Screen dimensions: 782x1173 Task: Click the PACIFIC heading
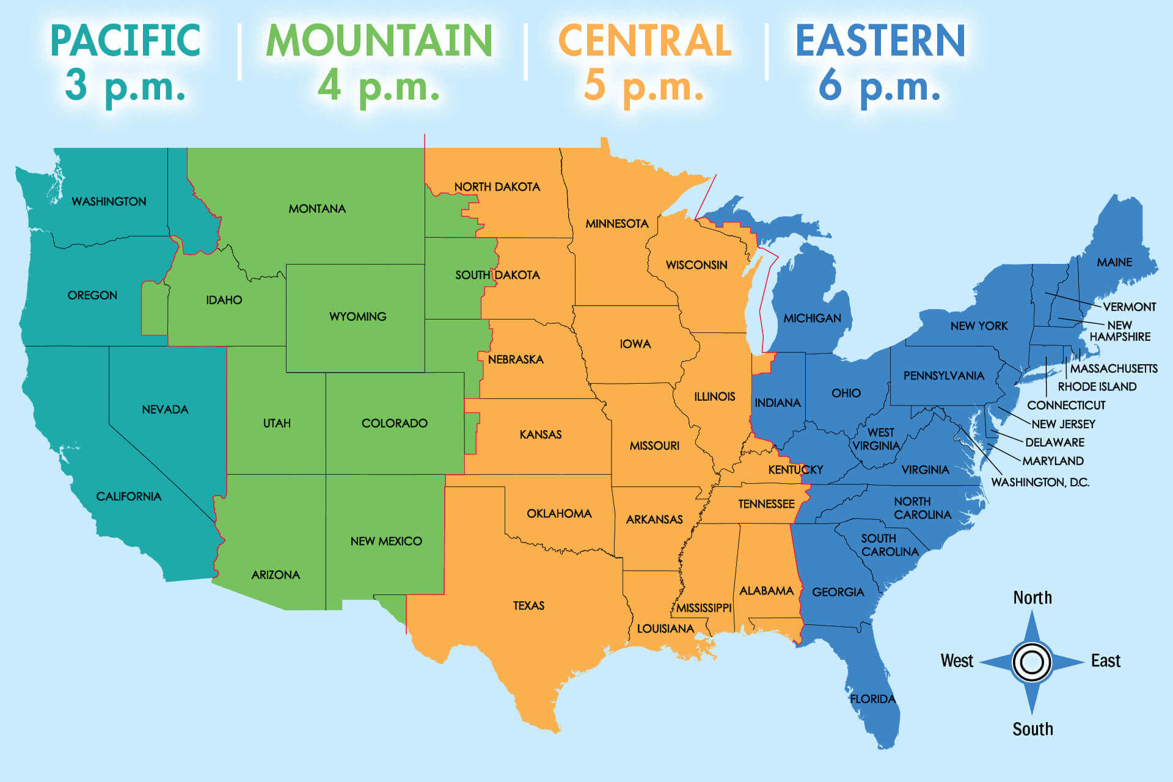point(125,40)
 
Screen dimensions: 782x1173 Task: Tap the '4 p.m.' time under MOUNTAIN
point(378,86)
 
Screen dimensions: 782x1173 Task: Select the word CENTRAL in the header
point(645,40)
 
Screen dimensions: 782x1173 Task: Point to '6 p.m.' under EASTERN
point(879,86)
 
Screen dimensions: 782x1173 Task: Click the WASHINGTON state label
point(109,202)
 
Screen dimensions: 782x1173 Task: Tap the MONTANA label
point(317,209)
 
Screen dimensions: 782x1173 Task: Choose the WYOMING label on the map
point(357,316)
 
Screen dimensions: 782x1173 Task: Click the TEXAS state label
point(528,605)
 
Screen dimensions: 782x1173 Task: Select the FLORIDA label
point(872,699)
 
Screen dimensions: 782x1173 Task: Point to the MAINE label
point(1114,262)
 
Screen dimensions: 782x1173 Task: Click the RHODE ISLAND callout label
point(1097,387)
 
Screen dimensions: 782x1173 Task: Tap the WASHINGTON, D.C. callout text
point(1040,482)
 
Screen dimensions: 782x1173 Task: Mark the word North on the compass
point(1032,597)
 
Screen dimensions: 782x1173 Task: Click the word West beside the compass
point(957,661)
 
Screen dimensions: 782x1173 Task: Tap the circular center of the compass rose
point(1032,662)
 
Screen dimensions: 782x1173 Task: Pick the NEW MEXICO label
point(386,541)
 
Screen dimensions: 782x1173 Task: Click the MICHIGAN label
point(812,318)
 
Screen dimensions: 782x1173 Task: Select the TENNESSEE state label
point(766,504)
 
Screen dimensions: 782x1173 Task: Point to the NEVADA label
point(165,409)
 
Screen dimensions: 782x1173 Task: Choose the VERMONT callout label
point(1129,307)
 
